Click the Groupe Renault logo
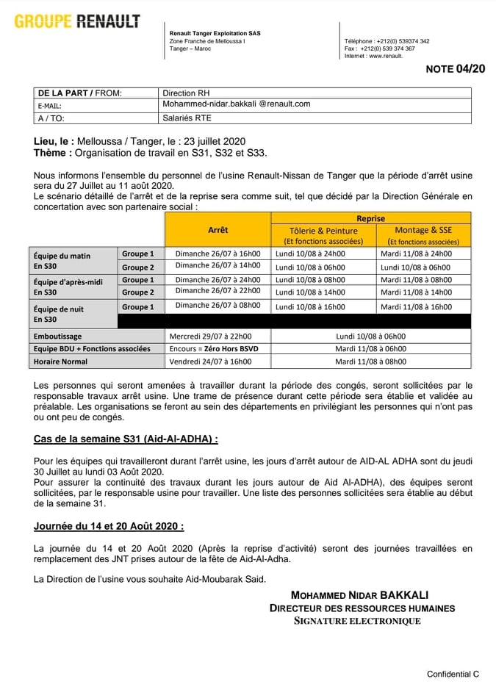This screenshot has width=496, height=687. coord(76,22)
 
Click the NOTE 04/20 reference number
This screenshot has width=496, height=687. coord(456,69)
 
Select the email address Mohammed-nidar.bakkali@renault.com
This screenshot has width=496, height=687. coord(236,104)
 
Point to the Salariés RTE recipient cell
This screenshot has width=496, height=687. coord(187,118)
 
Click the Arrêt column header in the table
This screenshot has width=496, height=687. coord(218,230)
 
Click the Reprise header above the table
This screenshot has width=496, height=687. coord(371,218)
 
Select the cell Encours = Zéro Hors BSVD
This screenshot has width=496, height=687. coord(218,348)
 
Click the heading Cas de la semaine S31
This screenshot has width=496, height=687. coord(126,439)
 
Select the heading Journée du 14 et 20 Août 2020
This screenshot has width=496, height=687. coord(109,526)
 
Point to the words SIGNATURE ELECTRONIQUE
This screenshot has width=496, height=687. coord(357,621)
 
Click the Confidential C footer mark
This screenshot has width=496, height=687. coord(453,674)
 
